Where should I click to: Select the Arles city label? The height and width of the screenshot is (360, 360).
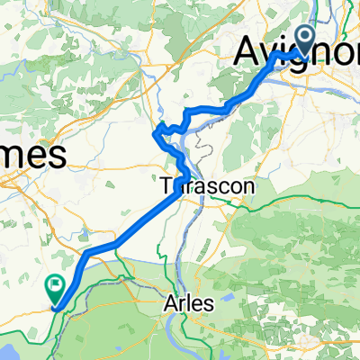pyautogui.click(x=189, y=304)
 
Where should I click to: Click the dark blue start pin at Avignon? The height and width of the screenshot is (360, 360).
pyautogui.click(x=304, y=39)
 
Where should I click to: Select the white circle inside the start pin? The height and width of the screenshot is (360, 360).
pyautogui.click(x=304, y=36)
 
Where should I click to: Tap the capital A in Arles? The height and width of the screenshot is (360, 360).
pyautogui.click(x=171, y=304)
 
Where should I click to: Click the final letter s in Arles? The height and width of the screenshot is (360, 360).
pyautogui.click(x=209, y=304)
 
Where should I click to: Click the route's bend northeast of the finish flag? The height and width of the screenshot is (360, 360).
pyautogui.click(x=86, y=255)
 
